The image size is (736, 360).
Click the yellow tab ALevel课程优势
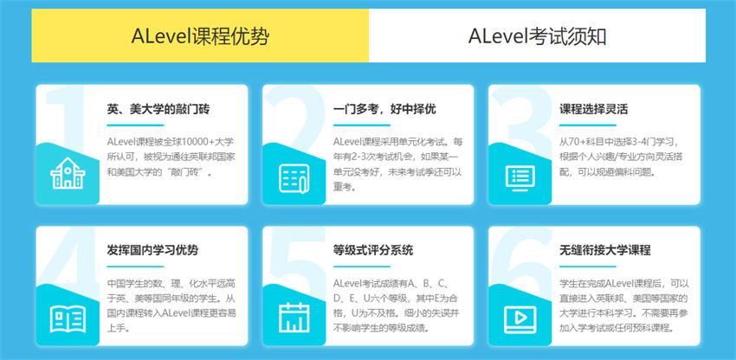coord(200,35)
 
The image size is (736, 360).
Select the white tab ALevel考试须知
coord(537,35)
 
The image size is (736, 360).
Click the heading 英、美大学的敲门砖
coord(158,110)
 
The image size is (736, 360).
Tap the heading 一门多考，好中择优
coord(384,110)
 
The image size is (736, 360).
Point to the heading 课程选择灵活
coord(593,110)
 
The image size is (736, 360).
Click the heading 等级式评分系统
coord(373,250)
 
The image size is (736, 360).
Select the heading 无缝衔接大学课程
coord(605,250)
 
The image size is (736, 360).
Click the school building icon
coord(68,174)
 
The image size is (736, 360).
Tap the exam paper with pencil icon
coord(294,178)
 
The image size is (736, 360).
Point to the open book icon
coord(68,319)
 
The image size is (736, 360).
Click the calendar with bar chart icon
coord(294,318)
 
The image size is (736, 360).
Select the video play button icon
coord(520,319)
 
